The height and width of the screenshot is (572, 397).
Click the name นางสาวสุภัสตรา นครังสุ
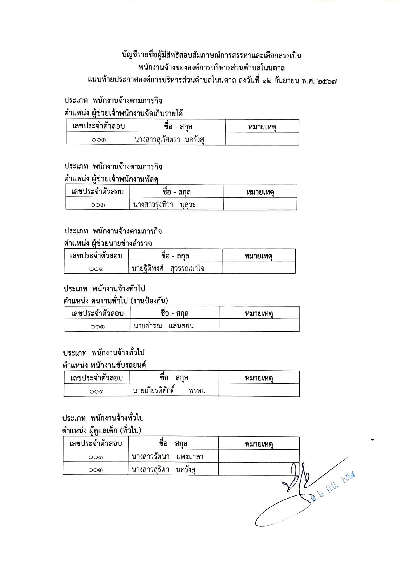pyautogui.click(x=169, y=139)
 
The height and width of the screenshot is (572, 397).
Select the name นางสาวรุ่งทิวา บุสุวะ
pyautogui.click(x=164, y=205)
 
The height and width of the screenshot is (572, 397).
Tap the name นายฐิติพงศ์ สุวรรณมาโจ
pyautogui.click(x=168, y=268)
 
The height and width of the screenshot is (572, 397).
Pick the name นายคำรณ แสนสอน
pyautogui.click(x=164, y=326)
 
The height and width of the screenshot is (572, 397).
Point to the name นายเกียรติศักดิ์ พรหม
pyautogui.click(x=169, y=390)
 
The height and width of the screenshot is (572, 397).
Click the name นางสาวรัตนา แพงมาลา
pyautogui.click(x=167, y=457)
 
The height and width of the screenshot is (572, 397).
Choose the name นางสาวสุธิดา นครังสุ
pyautogui.click(x=163, y=469)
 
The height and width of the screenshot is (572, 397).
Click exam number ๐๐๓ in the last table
pyautogui.click(x=96, y=470)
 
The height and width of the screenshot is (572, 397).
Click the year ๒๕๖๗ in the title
pyautogui.click(x=327, y=81)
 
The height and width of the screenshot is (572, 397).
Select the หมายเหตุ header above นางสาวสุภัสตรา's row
pyautogui.click(x=262, y=127)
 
